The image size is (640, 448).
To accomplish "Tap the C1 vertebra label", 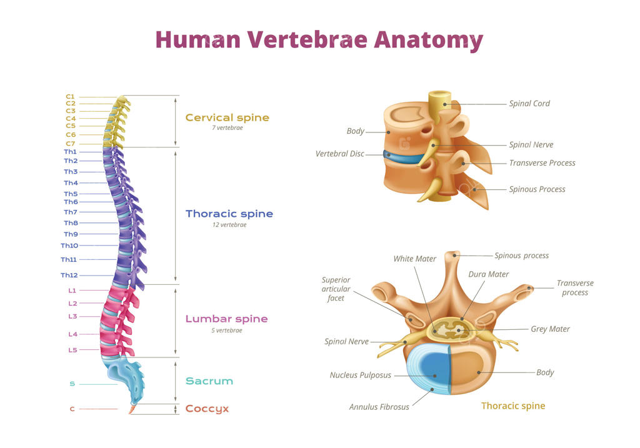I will coord(70,96).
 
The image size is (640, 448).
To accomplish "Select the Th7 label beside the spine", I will coord(71,212).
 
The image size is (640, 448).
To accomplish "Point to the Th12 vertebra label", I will coord(69,276).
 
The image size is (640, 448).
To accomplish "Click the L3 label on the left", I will coord(72,317).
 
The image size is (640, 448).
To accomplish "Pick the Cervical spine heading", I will coord(227,117).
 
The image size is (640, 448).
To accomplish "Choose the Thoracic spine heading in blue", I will coord(229,214).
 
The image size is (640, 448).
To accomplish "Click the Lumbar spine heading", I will coord(226,319).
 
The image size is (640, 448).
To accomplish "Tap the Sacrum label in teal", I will coord(209,381).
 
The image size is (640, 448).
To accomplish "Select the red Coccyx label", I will coord(207,409).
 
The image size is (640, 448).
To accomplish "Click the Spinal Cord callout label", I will coord(529,104).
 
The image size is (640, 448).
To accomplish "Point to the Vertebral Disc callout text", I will coord(339,154).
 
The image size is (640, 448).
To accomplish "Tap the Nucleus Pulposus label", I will coord(360,376).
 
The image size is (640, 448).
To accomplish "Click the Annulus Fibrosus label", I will coord(379,407).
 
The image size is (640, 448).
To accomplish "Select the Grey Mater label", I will coord(550,329).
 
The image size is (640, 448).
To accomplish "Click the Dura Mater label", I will coord(488,274).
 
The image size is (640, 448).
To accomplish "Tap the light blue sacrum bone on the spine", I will coord(125,373).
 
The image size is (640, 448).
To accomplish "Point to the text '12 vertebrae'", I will coord(229,225).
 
